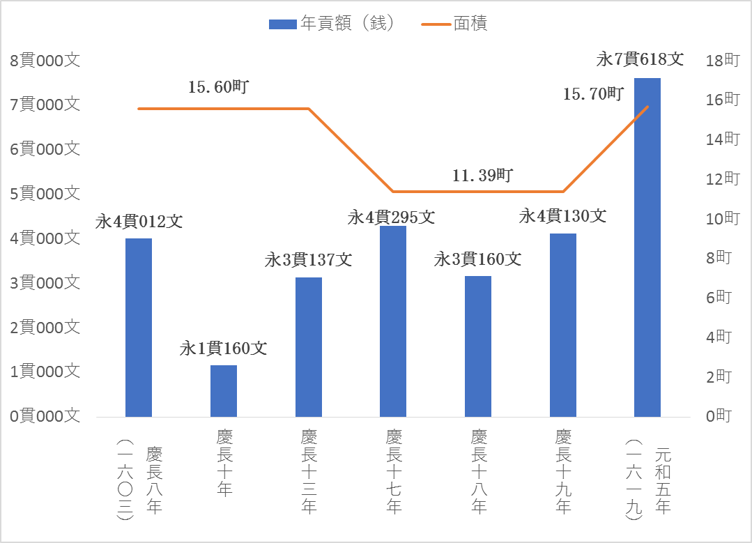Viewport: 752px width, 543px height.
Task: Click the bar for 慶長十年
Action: [224, 391]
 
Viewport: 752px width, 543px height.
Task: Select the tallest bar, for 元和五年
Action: [647, 247]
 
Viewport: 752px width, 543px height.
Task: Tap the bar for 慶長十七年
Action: [393, 321]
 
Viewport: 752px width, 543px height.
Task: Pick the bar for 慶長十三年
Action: [308, 347]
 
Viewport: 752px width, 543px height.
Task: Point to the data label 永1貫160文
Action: [224, 348]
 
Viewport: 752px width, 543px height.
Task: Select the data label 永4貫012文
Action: [139, 222]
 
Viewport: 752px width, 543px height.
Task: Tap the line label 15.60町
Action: [219, 88]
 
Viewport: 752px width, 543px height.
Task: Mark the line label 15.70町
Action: [593, 93]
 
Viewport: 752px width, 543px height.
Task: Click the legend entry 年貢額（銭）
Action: [333, 24]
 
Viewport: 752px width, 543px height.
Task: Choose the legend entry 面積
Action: [455, 24]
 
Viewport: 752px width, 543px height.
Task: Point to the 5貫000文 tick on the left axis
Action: [45, 194]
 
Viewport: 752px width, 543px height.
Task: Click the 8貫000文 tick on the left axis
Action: [45, 60]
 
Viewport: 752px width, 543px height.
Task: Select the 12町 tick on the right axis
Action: [722, 179]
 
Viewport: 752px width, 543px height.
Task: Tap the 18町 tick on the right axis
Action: [722, 60]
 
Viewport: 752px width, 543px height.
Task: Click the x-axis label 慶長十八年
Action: [478, 471]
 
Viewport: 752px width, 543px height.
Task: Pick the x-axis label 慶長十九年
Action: [563, 471]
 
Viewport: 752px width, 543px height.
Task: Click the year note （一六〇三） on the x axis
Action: [125, 480]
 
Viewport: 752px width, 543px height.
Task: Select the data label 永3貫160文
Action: [478, 259]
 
